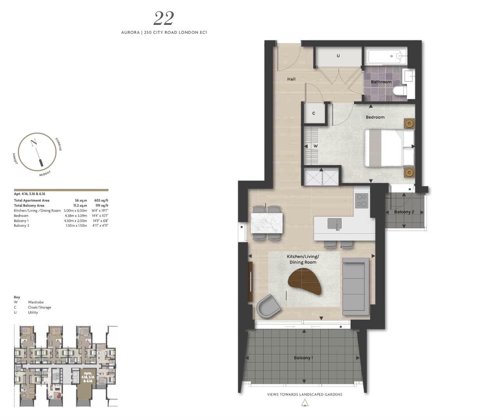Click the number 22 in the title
pos(164,18)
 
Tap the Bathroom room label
pos(381,82)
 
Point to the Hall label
pos(291,79)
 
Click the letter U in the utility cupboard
pos(338,56)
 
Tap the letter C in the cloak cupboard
pos(314,114)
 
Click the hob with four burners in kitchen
pos(362,200)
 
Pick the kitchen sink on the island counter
pos(334,224)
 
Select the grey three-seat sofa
pos(355,286)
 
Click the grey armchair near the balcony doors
pos(269,306)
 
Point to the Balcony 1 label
pos(303,358)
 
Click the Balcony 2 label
pos(404,212)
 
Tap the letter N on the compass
pos(34,143)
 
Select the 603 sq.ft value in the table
pos(101,201)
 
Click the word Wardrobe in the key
pos(36,302)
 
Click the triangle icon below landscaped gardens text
pos(305,403)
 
